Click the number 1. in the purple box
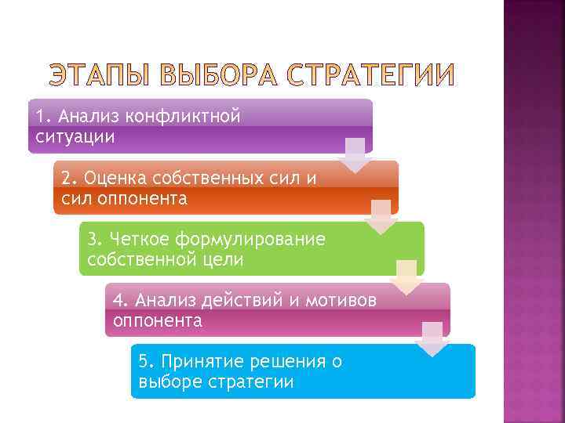point(43,117)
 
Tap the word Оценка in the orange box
point(113,178)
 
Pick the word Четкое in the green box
point(140,239)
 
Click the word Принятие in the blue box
point(199,361)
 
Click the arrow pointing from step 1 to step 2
point(355,155)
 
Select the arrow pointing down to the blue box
point(432,338)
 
